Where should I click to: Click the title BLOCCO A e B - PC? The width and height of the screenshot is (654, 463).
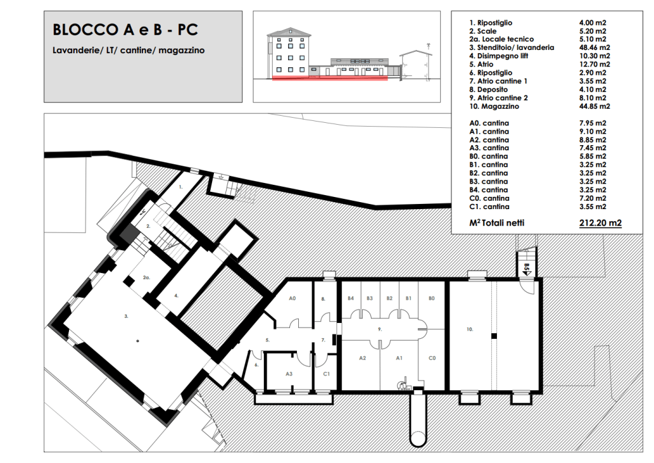coord(125,29)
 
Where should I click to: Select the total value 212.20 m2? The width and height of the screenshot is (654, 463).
coord(600,223)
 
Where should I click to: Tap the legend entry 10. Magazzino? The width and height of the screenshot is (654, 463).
coord(494,106)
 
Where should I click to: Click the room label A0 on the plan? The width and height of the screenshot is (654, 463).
coord(292,299)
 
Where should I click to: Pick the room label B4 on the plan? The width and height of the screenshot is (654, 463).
coord(351,299)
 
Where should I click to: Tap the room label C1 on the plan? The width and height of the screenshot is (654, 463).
coord(326,374)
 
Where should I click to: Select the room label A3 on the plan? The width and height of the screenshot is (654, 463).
coord(289,374)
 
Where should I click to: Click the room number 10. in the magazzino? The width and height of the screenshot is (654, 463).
coord(469,329)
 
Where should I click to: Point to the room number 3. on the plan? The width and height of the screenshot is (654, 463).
coord(126,317)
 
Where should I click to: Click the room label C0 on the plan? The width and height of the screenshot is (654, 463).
coord(432,358)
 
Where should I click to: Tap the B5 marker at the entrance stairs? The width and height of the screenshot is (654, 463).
coord(527,267)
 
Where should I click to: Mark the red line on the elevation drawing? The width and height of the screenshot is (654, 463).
coord(330,78)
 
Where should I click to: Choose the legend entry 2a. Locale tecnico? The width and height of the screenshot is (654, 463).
coord(501,39)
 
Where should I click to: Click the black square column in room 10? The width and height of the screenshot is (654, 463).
coord(494,336)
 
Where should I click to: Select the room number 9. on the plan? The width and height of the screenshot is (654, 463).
coord(380,329)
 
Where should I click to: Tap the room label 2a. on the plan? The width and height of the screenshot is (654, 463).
coord(146,278)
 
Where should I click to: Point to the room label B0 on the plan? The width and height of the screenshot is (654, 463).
coord(432,299)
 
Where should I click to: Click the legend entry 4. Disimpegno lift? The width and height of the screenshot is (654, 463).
coord(499,56)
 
